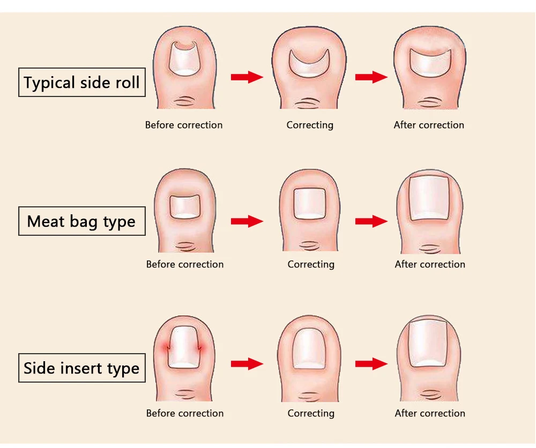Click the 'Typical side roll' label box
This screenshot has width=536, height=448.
coord(81,83)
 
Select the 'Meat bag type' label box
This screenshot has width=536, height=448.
coord(81,221)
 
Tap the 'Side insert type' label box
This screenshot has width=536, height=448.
coord(81,368)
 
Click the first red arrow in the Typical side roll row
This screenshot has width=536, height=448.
coord(247,77)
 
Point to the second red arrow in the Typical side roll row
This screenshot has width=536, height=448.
coord(371,77)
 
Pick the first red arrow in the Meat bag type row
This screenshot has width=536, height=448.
coord(247,221)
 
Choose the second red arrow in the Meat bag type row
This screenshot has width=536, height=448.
coord(371,221)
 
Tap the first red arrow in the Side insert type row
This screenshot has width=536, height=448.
coord(247,363)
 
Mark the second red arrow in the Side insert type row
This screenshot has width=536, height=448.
coord(371,363)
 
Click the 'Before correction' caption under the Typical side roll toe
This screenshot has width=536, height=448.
coord(184,125)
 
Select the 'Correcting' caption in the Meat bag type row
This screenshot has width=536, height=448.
coord(311,265)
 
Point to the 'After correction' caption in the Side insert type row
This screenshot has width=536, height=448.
coord(430,414)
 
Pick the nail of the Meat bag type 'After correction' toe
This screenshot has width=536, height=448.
coord(429,198)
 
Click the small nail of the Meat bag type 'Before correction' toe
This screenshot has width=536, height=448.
coord(184,207)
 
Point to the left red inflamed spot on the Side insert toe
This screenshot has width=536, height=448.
coord(167,348)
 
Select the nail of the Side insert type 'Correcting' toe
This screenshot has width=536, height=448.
coord(309,348)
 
